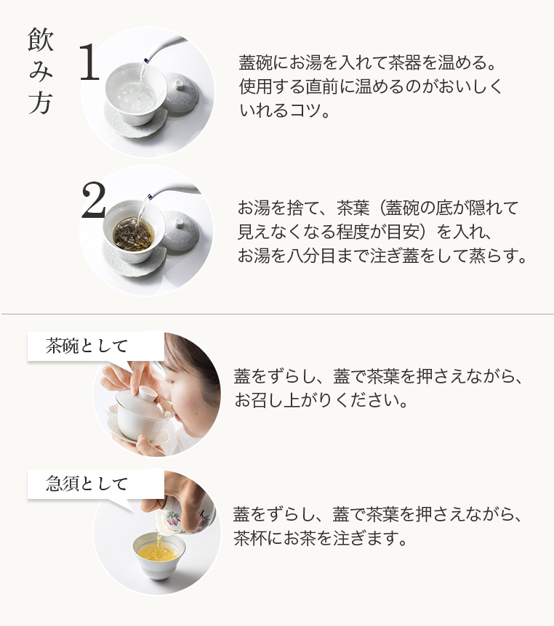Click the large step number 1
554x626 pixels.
pos(89,62)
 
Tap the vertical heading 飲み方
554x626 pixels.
pos(41,71)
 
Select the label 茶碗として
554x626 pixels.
pos(87,346)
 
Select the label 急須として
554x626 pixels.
pos(87,484)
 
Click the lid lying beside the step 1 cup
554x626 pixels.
pos(180,92)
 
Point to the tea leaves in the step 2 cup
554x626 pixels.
pos(133,234)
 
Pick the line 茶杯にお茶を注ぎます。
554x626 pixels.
pos(320,538)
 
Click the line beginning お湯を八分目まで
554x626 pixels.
pos(382,256)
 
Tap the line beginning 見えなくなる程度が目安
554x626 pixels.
pos(364,232)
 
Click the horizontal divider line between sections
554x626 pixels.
pos(277,314)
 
